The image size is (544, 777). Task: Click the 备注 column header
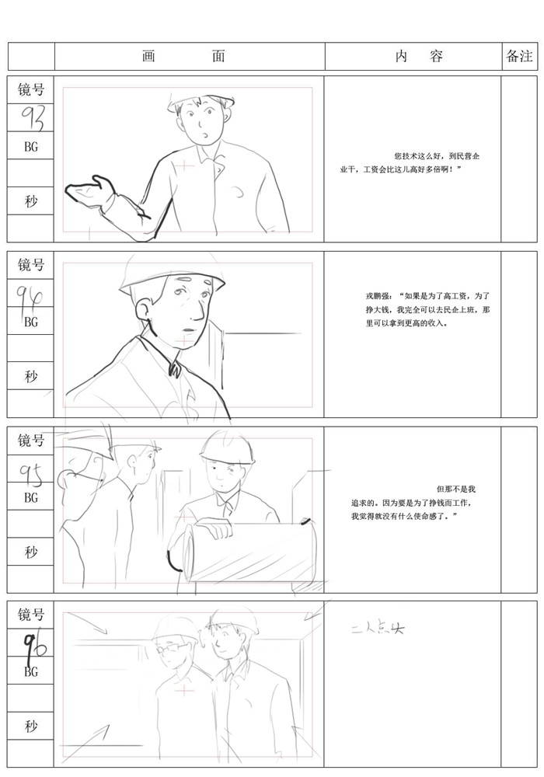(x=519, y=57)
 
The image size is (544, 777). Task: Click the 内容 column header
(x=419, y=57)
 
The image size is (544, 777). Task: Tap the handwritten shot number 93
(x=33, y=118)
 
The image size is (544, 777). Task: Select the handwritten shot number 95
(x=31, y=469)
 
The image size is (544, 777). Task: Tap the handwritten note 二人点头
(x=378, y=629)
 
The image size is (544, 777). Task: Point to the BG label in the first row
(x=31, y=146)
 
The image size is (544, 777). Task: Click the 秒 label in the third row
(x=31, y=552)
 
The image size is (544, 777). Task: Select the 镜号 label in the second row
(x=31, y=266)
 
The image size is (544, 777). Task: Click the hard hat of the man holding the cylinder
(x=227, y=448)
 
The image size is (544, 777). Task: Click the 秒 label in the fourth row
(x=31, y=726)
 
